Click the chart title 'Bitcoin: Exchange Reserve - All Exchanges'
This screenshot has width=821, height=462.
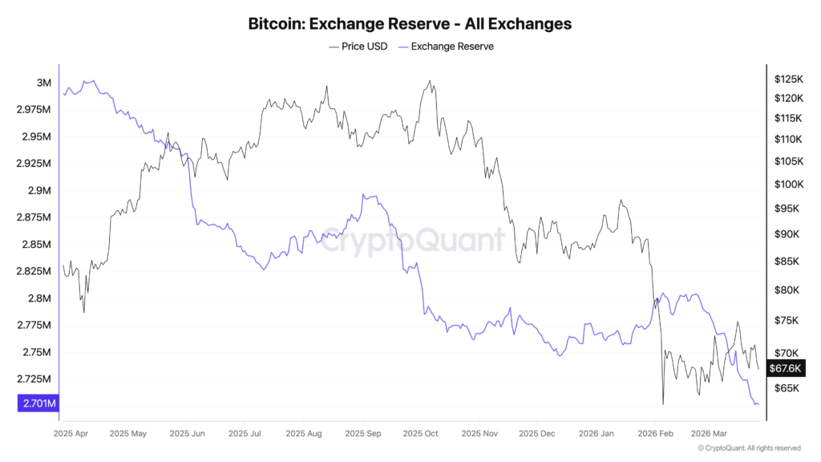click(410, 24)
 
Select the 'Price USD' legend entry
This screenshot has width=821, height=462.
click(358, 47)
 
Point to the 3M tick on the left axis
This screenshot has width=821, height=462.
click(44, 83)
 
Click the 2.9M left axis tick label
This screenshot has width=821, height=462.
click(39, 191)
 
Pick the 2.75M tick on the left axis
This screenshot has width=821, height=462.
click(37, 352)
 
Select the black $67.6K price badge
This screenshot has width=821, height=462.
click(785, 368)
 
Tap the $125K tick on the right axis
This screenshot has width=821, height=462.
click(788, 79)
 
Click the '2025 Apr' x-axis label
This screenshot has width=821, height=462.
click(70, 434)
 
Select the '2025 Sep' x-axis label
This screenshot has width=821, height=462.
click(362, 434)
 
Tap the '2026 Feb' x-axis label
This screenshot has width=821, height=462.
click(655, 434)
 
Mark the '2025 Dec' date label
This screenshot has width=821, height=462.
click(537, 434)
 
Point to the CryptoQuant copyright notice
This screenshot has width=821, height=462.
click(748, 448)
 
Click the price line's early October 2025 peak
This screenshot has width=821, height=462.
click(431, 81)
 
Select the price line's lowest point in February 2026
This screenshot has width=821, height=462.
click(663, 404)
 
